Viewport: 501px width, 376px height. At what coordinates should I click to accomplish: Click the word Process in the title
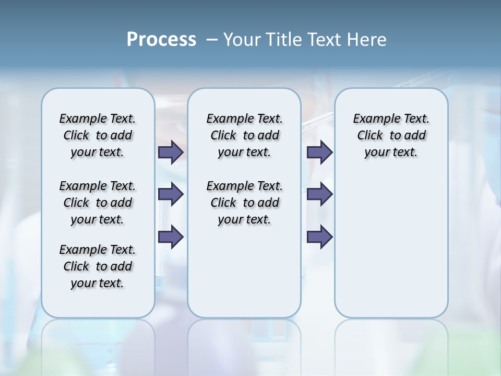[161, 39]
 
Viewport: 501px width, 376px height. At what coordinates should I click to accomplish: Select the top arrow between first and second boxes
[171, 152]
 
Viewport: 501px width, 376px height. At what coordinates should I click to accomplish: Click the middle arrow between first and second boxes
[171, 194]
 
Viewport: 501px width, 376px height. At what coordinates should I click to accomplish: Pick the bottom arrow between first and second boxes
[171, 237]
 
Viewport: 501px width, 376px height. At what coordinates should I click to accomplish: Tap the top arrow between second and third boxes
[319, 152]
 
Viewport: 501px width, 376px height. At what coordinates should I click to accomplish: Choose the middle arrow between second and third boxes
[319, 194]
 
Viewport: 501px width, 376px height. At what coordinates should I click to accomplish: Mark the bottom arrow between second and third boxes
[319, 237]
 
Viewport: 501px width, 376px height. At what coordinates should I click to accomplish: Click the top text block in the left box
[98, 135]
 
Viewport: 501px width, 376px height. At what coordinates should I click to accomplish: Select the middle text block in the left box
[98, 203]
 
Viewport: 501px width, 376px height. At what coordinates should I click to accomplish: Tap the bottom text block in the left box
[98, 266]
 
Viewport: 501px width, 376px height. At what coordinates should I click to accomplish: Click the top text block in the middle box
[244, 135]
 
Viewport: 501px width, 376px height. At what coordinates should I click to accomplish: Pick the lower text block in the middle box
[244, 203]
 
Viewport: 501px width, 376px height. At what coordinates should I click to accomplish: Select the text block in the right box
[391, 135]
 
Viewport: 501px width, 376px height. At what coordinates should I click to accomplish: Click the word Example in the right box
[373, 119]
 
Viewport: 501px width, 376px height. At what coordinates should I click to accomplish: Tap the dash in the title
[212, 40]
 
